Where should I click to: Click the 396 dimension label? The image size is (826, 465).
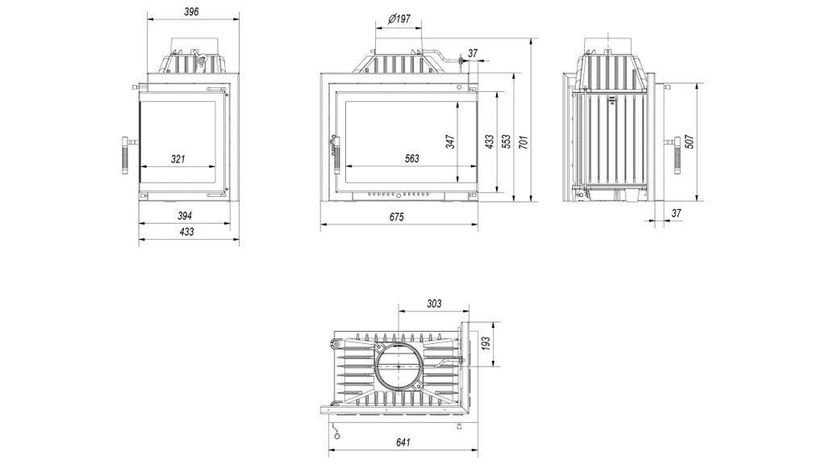click(191, 11)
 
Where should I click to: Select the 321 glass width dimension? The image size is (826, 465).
click(178, 159)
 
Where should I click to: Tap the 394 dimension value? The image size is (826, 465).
click(185, 216)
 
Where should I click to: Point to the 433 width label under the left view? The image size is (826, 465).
click(187, 232)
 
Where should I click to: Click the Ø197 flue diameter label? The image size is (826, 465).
click(399, 19)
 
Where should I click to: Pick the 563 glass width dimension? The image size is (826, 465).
click(412, 158)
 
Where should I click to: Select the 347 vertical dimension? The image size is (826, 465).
click(450, 141)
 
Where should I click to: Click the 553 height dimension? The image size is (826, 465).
click(506, 141)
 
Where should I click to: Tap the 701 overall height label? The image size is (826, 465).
click(523, 141)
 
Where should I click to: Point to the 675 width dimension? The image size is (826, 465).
click(397, 216)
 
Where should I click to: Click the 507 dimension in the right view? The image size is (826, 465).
click(690, 141)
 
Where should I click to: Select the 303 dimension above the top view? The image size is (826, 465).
click(434, 304)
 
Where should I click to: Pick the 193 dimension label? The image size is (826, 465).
click(486, 343)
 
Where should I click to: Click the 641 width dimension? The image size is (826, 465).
click(403, 442)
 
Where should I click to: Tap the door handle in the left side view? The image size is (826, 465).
click(126, 155)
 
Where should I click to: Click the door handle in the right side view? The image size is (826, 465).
click(677, 155)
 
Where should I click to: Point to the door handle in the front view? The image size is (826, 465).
click(335, 153)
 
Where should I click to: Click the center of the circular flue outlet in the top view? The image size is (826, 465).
click(398, 366)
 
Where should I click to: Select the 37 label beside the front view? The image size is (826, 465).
click(473, 53)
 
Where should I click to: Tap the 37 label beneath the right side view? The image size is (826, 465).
click(677, 213)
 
